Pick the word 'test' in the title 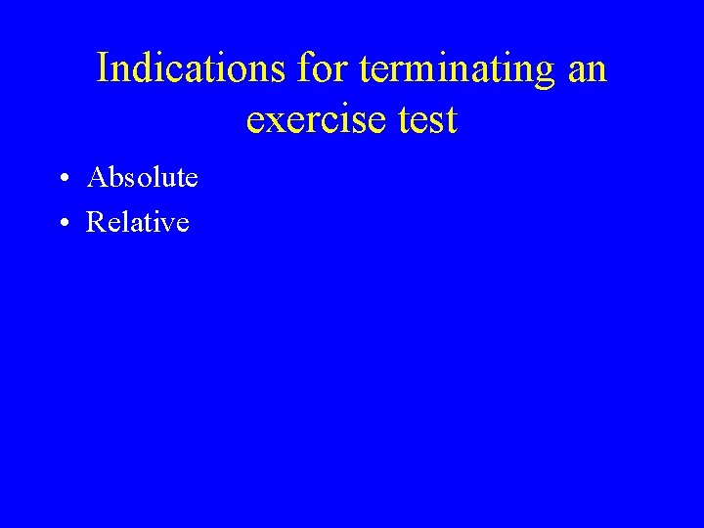click(425, 120)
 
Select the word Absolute click(143, 178)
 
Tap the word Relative click(138, 223)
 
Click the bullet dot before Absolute click(63, 180)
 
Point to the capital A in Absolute click(97, 178)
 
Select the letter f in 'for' click(306, 69)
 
